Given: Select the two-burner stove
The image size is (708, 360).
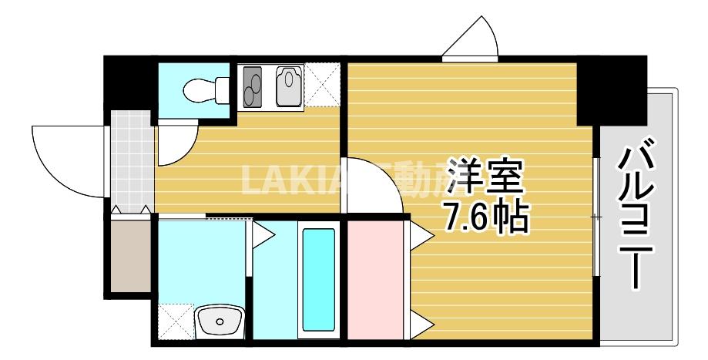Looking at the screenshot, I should pos(253,86).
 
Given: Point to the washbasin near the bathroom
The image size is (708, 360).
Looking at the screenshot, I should pos(219,321).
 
